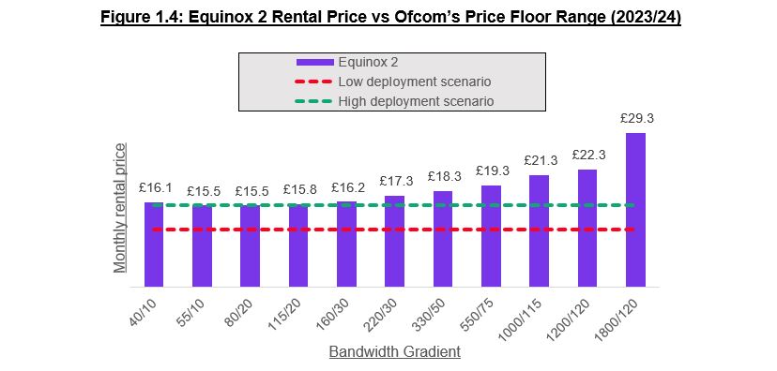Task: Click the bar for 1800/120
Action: coord(635,210)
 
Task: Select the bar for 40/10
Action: coord(154,245)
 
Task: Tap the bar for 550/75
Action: coord(491,236)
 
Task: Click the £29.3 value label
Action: coord(635,119)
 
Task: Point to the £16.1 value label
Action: coord(154,187)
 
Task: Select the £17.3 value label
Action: coord(394,181)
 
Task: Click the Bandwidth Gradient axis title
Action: coord(394,352)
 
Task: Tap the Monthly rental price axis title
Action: coord(120,207)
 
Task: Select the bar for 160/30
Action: coord(346,244)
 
